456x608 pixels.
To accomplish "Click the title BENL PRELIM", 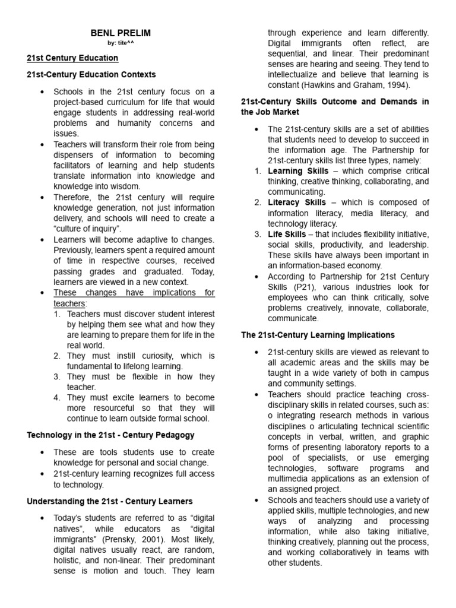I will pyautogui.click(x=121, y=33).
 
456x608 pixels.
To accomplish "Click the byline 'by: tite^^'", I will pyautogui.click(x=121, y=43).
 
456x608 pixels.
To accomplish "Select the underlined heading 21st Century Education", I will pyautogui.click(x=72, y=58).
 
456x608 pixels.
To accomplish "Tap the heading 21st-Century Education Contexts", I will pyautogui.click(x=91, y=75).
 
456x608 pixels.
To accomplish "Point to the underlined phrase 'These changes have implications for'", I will pyautogui.click(x=134, y=293).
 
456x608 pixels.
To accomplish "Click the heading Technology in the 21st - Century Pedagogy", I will pyautogui.click(x=110, y=435).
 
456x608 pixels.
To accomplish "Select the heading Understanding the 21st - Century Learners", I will pyautogui.click(x=110, y=502).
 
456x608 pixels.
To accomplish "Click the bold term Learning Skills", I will pyautogui.click(x=297, y=171).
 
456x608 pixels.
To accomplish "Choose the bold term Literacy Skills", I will pyautogui.click(x=297, y=202).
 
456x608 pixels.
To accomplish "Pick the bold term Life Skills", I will pyautogui.click(x=287, y=235).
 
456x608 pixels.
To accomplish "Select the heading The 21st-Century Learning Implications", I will pyautogui.click(x=318, y=335).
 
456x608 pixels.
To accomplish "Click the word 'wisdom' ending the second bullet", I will pyautogui.click(x=123, y=186).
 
